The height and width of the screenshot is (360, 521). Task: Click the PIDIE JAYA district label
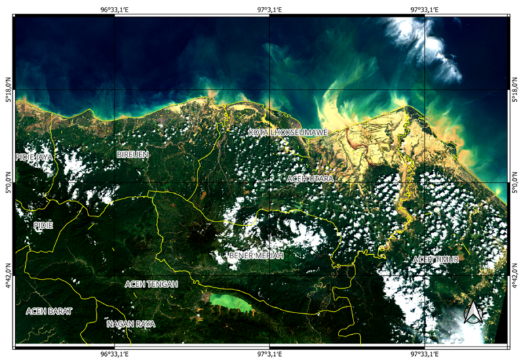(x=34, y=157)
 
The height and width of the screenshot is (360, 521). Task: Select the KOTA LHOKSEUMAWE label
(x=288, y=132)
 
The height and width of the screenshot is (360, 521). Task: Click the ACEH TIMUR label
(x=437, y=261)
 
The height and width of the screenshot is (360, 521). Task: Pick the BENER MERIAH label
(x=256, y=255)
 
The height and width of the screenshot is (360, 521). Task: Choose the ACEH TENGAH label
(x=151, y=284)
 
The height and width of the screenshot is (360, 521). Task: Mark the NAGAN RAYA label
(x=131, y=324)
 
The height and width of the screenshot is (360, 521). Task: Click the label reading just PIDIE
(x=42, y=224)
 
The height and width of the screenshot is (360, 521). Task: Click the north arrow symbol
(x=472, y=312)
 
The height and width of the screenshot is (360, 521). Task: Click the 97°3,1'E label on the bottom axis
(x=269, y=353)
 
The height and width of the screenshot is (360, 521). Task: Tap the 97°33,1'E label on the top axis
(x=425, y=9)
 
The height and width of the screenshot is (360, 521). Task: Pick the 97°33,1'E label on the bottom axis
(x=425, y=353)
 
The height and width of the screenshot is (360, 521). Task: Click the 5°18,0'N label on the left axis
(x=8, y=90)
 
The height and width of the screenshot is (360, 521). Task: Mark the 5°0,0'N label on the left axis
(x=8, y=182)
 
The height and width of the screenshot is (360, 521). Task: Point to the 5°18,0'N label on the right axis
(x=514, y=90)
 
